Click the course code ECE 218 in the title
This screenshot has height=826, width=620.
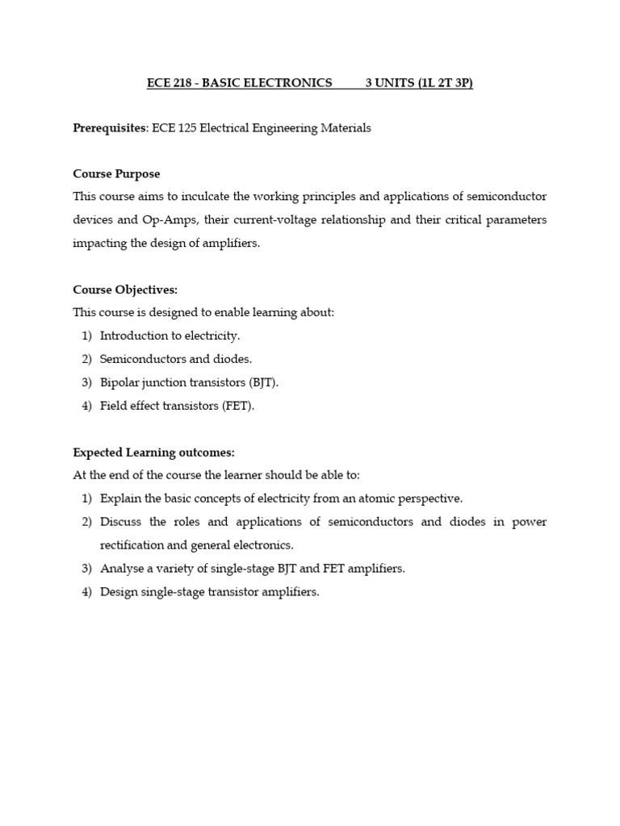pyautogui.click(x=168, y=83)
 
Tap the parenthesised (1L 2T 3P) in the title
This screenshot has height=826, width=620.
pyautogui.click(x=446, y=83)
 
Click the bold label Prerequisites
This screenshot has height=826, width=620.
pyautogui.click(x=103, y=128)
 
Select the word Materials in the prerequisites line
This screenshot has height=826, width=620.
pyautogui.click(x=346, y=128)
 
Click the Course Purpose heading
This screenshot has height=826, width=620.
pyautogui.click(x=116, y=173)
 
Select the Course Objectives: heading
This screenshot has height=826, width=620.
pyautogui.click(x=125, y=289)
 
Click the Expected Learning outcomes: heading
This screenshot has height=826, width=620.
pyautogui.click(x=153, y=453)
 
